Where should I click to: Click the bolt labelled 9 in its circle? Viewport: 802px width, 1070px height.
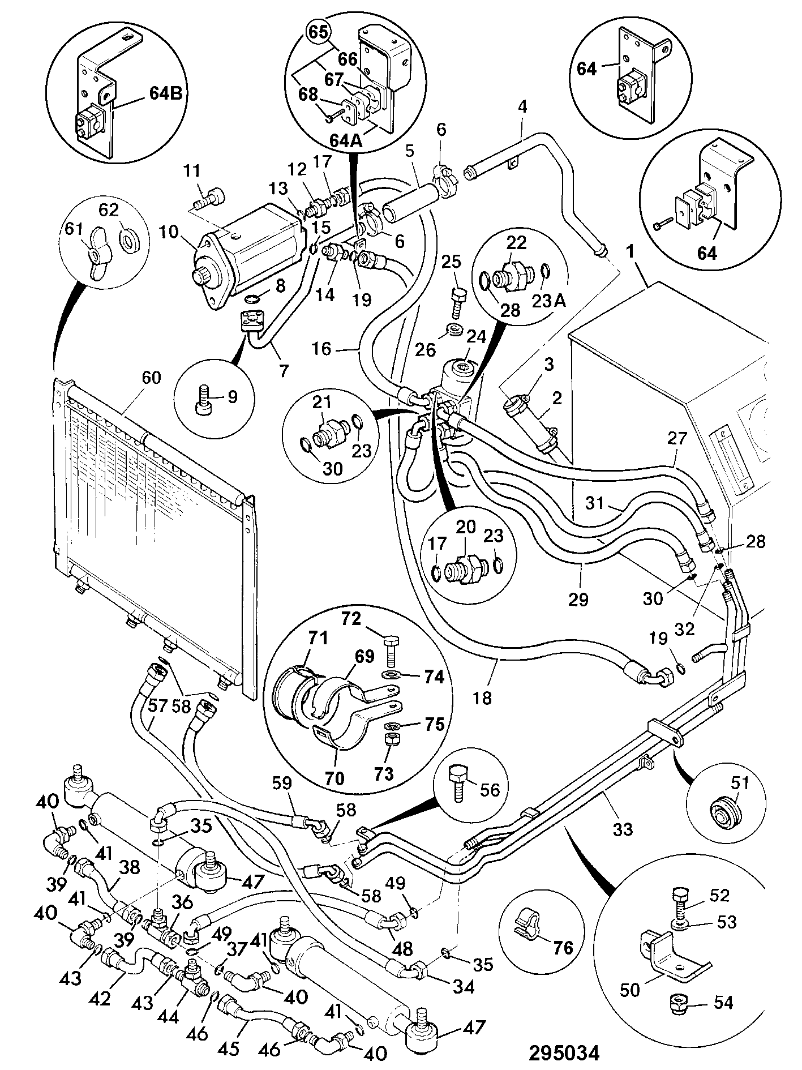click(x=203, y=397)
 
